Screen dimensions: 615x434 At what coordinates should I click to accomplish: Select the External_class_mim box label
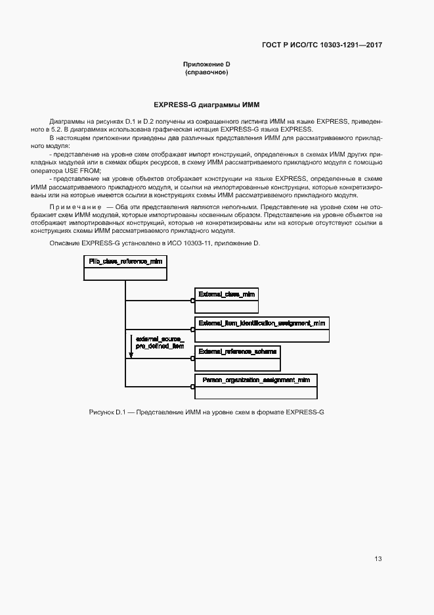pos(227,294)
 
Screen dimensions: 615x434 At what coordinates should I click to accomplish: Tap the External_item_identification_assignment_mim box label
pos(262,322)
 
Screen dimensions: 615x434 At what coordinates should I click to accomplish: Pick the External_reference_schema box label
pos(238,351)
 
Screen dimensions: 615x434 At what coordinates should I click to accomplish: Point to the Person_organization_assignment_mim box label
pos(256,380)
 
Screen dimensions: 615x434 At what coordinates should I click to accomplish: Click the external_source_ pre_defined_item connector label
pos(160,342)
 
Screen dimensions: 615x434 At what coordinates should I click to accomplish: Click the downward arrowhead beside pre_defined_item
pos(131,355)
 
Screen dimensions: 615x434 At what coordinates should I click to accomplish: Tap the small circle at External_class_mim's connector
pos(193,301)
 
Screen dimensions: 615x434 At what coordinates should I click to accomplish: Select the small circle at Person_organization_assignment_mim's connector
pos(193,387)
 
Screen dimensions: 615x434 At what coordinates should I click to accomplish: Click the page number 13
pos(378,559)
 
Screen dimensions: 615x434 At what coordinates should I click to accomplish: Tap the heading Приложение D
pos(207,64)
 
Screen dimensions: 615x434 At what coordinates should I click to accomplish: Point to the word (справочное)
pos(207,72)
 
